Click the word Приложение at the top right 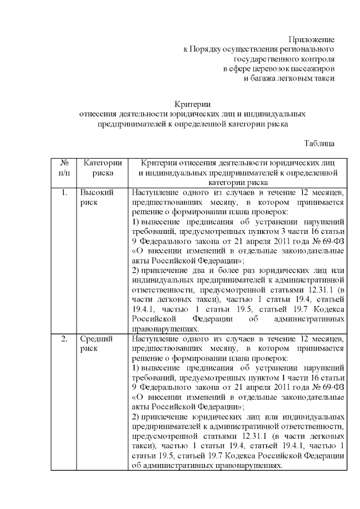click(x=312, y=39)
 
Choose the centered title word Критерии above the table click(x=192, y=103)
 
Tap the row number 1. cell click(x=65, y=193)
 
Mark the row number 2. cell click(x=65, y=339)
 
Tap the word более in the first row click(x=219, y=271)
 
